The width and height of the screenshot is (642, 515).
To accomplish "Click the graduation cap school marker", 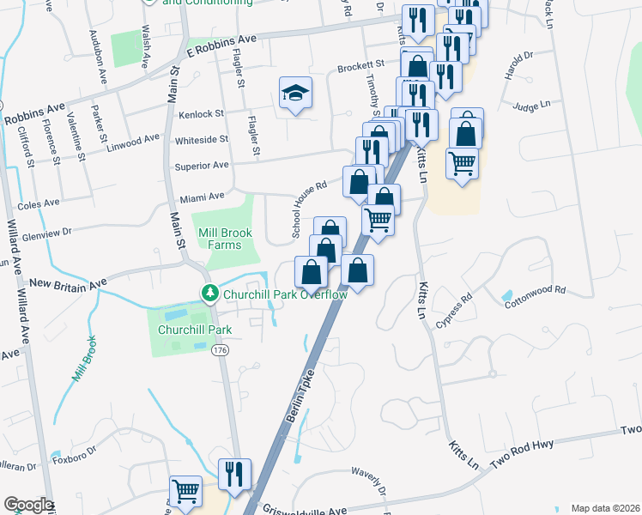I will tap(294, 94).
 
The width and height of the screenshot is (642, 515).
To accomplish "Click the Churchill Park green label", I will tap(195, 329).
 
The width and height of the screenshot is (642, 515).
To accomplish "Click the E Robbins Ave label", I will tap(222, 41).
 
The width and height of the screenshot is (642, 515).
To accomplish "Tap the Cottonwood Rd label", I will tap(536, 297).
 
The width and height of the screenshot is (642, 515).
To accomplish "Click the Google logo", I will tap(27, 506).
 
